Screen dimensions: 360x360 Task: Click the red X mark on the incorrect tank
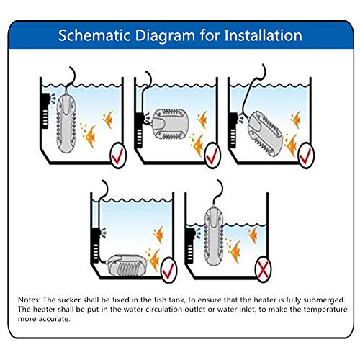point(264,270)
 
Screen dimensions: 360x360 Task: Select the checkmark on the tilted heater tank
point(306,156)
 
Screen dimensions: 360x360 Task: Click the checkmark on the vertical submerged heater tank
point(118,156)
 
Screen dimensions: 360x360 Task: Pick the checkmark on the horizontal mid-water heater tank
point(212,156)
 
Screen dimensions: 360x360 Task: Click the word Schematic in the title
point(94,35)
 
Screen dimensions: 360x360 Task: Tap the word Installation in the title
point(263,35)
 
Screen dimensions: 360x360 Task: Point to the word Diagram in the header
point(166,36)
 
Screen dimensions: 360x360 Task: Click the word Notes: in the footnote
point(30,300)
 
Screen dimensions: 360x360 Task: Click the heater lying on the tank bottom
point(127,265)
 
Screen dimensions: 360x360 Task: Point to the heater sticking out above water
point(213,236)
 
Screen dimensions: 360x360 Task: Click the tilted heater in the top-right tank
point(265,133)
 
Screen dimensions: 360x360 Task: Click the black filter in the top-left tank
point(45,110)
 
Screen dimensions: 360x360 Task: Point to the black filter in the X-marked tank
point(190,246)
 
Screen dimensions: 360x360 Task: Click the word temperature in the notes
point(325,310)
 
